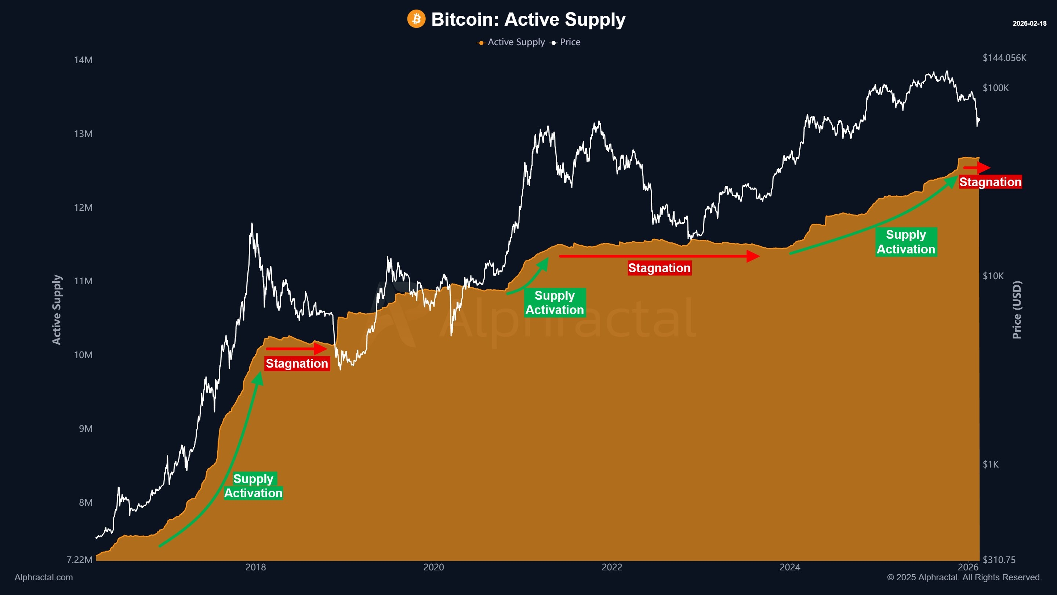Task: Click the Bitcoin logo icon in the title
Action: (416, 19)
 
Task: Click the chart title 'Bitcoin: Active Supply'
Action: (528, 19)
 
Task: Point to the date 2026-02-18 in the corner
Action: (1029, 24)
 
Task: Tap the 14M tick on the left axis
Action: (83, 60)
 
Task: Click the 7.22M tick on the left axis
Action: (80, 560)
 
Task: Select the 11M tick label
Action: (83, 281)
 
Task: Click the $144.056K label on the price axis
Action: (1004, 58)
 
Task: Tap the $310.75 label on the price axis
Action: (999, 560)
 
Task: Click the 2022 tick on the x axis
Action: (612, 567)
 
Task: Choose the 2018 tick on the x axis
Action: (256, 567)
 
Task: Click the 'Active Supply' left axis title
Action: (57, 310)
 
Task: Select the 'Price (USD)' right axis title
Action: (1017, 310)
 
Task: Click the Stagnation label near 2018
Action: (297, 363)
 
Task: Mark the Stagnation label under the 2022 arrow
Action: (660, 268)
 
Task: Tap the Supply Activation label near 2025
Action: (906, 242)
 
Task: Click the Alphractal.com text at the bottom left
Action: (44, 577)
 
